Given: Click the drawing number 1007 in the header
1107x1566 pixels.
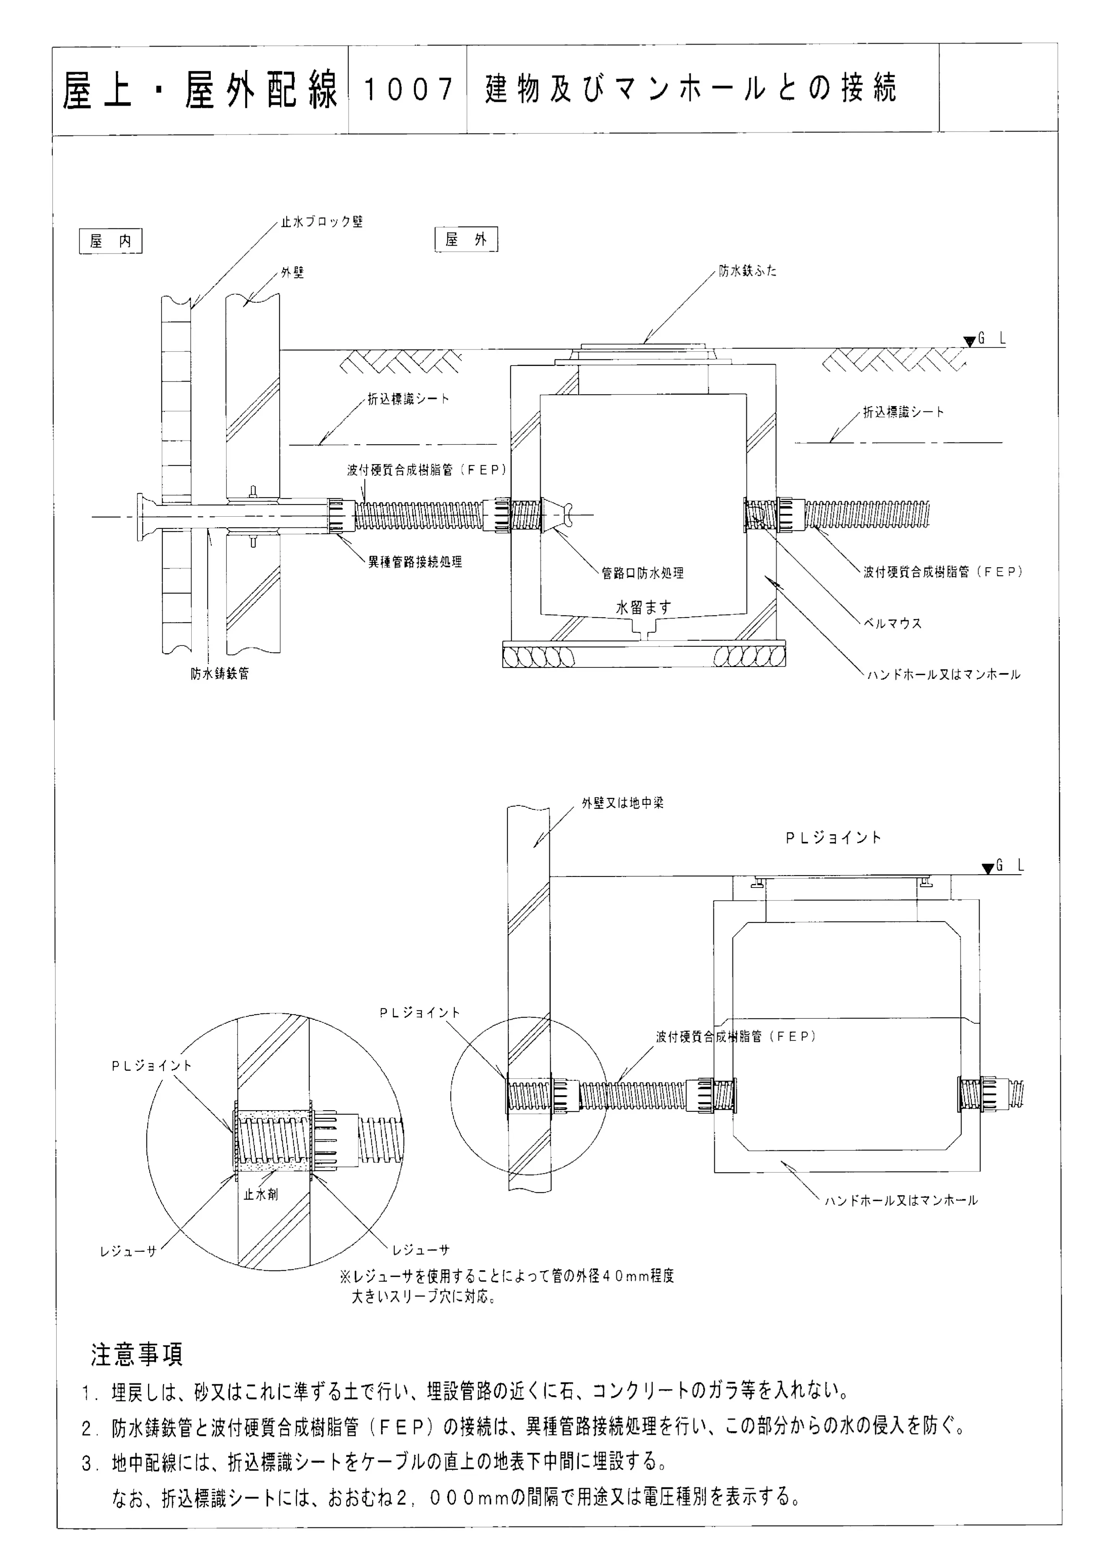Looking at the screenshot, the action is tap(408, 89).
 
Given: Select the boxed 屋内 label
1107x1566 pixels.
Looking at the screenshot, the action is tap(111, 241).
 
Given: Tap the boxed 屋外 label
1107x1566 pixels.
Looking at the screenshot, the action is tap(466, 239).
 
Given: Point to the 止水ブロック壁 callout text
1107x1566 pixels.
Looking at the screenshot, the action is tap(322, 222).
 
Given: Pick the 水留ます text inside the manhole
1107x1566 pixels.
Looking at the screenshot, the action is tap(643, 606).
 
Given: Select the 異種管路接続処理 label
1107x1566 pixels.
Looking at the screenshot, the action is tap(416, 562).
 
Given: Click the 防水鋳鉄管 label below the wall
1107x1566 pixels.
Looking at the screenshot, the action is tap(220, 673).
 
